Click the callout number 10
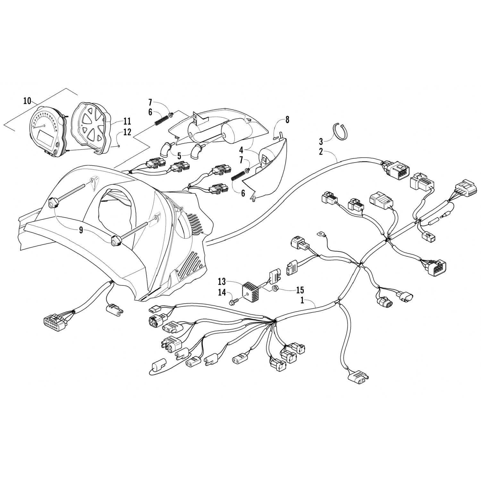27,101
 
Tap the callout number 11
127,122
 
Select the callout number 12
127,132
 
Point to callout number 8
287,120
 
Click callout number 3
321,141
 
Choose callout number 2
321,152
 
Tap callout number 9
81,230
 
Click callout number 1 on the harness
302,301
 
